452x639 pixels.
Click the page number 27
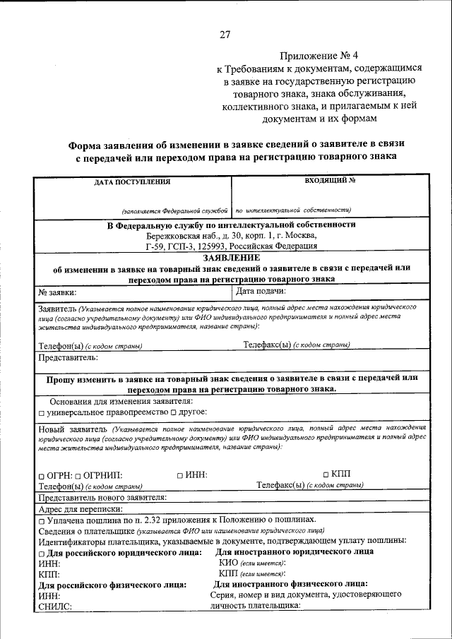(225, 34)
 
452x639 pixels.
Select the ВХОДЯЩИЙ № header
(330, 181)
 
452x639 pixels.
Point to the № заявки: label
(57, 291)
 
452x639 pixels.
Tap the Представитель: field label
(68, 358)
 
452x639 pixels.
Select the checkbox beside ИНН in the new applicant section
(180, 476)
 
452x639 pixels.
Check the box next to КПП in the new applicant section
(326, 474)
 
